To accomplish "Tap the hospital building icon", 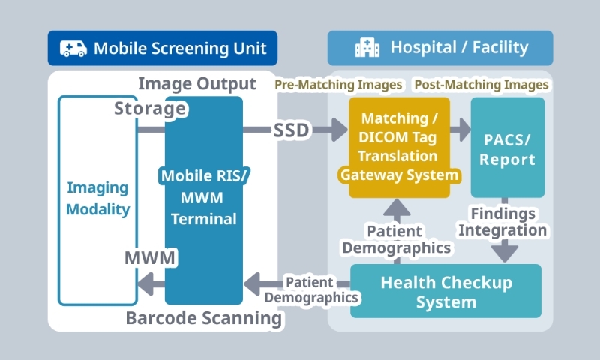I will [x=367, y=49].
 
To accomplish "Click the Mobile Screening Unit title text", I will [x=180, y=49].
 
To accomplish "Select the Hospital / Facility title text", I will [x=459, y=49].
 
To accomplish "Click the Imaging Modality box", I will [x=97, y=199].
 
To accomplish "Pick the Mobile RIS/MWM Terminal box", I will [x=204, y=199].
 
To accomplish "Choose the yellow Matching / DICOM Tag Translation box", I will [x=399, y=147].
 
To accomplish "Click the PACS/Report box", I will [x=508, y=147].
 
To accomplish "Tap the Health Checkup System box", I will [x=445, y=292].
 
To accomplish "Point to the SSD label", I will [x=291, y=130].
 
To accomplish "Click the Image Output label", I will [x=197, y=83].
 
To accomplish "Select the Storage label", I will [x=150, y=109].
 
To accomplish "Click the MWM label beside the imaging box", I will [x=150, y=259].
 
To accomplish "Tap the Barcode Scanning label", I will [x=204, y=319].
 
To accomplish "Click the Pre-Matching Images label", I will [x=338, y=85].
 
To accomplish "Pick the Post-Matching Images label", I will [x=481, y=85].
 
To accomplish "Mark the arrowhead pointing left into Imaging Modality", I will [x=145, y=283].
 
